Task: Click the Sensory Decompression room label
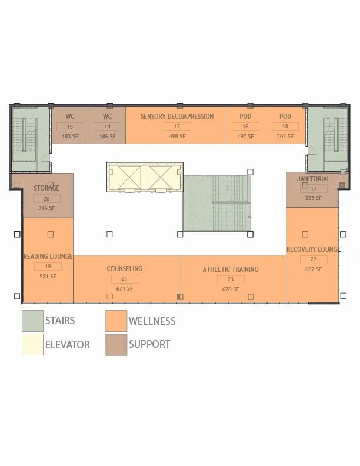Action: point(176,116)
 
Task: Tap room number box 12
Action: point(176,127)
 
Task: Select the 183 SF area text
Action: point(70,137)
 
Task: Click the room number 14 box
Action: point(107,127)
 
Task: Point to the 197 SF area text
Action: point(245,137)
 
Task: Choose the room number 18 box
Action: point(285,127)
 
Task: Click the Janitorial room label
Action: point(314,179)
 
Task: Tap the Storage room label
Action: point(46,188)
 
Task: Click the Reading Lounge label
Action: point(48,257)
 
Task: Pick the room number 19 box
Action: point(48,267)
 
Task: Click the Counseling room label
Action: point(125,269)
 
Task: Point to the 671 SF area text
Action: point(125,289)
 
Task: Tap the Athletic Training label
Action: point(231,269)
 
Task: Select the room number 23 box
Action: point(231,279)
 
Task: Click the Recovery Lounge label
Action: point(313,249)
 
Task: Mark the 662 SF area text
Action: point(313,269)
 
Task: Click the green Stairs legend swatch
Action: point(32,321)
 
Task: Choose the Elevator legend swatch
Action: point(32,345)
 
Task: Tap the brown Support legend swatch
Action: point(116,345)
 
